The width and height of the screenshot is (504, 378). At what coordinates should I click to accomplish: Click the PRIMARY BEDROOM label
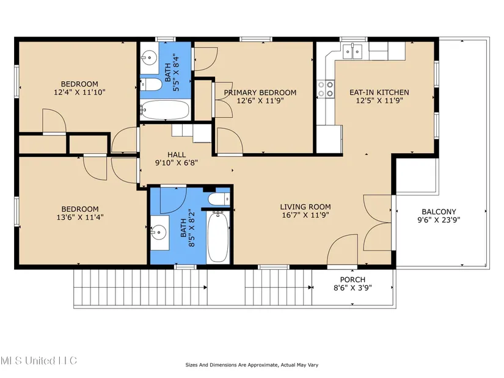tap(260, 93)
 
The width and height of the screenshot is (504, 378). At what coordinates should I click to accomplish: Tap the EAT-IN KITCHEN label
tap(379, 93)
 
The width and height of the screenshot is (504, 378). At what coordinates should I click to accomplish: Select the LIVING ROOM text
tap(305, 207)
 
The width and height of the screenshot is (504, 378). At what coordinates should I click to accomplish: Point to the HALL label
tap(177, 154)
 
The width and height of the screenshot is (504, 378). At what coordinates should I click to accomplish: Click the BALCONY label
tap(439, 212)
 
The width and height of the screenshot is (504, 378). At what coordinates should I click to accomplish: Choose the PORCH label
tap(352, 280)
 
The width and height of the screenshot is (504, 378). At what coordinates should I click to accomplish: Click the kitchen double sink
tap(352, 51)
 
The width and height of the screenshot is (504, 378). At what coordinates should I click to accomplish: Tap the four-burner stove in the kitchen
tap(326, 89)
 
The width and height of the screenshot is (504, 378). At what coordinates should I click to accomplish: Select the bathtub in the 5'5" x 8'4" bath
tap(165, 109)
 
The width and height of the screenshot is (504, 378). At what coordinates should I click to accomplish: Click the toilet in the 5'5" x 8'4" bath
tap(151, 84)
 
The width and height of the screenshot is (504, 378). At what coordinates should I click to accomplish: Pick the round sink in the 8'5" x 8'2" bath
tap(159, 231)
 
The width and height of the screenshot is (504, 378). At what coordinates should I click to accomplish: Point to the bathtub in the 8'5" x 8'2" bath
tap(218, 236)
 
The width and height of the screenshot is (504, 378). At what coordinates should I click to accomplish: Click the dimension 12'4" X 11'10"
tap(79, 93)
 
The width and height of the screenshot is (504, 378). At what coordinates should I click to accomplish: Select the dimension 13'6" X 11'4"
tap(80, 217)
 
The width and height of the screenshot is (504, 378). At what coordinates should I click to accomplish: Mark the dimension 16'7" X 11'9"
tap(305, 215)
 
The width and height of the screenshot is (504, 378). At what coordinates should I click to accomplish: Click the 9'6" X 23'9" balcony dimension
tap(439, 220)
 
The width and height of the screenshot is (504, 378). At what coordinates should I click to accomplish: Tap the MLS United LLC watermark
tap(38, 360)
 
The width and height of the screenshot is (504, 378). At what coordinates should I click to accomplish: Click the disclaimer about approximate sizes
tap(252, 365)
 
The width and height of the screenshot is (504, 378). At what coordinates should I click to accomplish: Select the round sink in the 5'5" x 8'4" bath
tap(148, 58)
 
